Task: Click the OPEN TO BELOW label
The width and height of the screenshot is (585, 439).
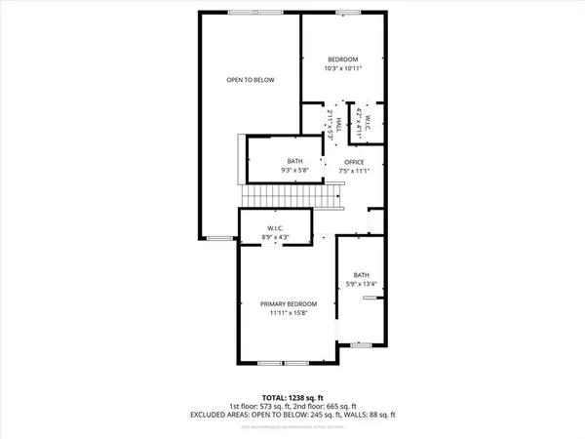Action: click(x=249, y=80)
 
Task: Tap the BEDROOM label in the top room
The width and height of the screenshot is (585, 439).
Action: click(x=342, y=59)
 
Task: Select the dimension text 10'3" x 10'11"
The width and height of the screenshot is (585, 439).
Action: click(x=342, y=68)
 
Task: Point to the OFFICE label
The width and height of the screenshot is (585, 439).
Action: click(x=354, y=161)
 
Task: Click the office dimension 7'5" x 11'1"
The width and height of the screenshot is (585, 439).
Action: click(x=354, y=171)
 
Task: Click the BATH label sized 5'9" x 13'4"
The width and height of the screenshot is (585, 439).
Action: click(x=362, y=275)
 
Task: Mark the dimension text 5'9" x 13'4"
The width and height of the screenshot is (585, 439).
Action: click(x=362, y=285)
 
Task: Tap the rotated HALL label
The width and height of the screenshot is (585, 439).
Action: click(x=337, y=118)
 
